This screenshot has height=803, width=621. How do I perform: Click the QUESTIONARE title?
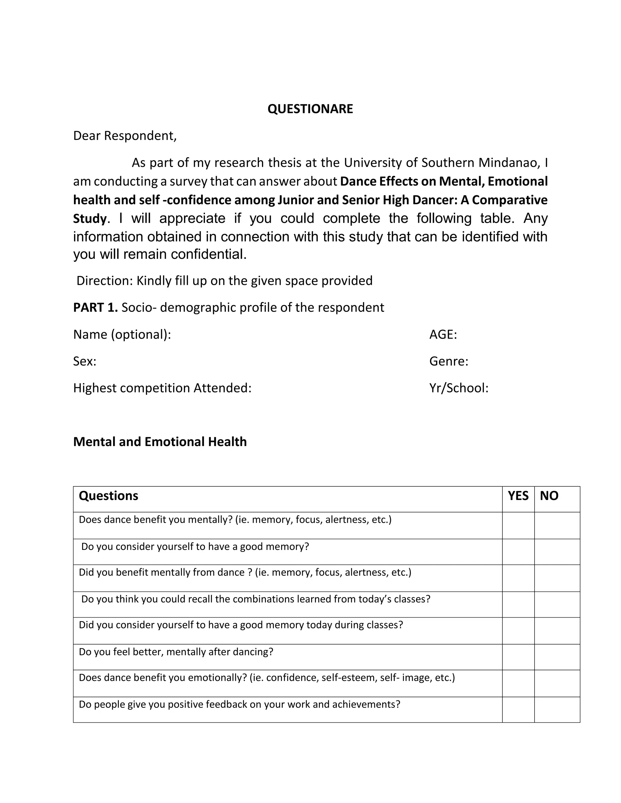(x=310, y=109)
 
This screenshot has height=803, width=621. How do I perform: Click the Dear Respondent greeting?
(x=125, y=136)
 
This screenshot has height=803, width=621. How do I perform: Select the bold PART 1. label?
(x=95, y=307)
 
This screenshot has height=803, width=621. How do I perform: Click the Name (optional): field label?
(x=122, y=334)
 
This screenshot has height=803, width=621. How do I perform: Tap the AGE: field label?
(x=443, y=334)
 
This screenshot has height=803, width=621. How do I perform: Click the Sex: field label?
(x=85, y=361)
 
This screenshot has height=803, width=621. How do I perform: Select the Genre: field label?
(x=448, y=361)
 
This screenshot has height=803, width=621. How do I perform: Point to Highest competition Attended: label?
(x=162, y=388)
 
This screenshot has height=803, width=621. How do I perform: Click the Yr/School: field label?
(x=459, y=388)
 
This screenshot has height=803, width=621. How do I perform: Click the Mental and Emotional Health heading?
(x=160, y=441)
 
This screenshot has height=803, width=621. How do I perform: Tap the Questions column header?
(x=109, y=496)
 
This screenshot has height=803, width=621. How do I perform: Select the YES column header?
(x=518, y=496)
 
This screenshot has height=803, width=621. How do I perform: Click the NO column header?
(x=549, y=496)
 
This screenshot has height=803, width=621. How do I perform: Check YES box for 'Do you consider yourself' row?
(x=518, y=552)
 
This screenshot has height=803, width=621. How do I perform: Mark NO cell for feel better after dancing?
(x=557, y=657)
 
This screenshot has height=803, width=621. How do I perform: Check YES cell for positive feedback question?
(x=518, y=710)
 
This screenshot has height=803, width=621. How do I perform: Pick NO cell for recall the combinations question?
(x=557, y=605)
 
